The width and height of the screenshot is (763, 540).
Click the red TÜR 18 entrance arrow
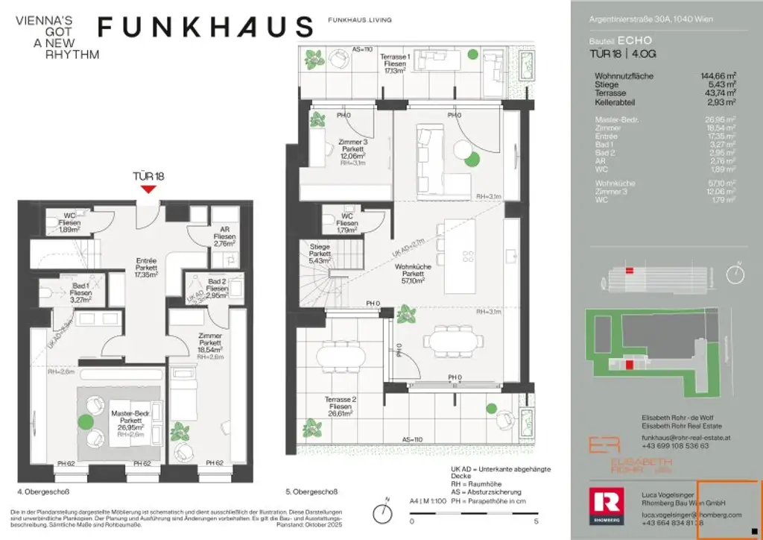point(149,189)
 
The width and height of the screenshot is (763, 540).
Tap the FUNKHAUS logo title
point(206,27)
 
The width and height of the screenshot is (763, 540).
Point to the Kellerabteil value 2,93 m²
point(722,102)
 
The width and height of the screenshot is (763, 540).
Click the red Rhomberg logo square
point(605,504)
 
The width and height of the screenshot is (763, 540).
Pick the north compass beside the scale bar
point(384,512)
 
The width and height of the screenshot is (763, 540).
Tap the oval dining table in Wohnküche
point(455,344)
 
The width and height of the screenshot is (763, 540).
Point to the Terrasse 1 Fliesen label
point(394,64)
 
